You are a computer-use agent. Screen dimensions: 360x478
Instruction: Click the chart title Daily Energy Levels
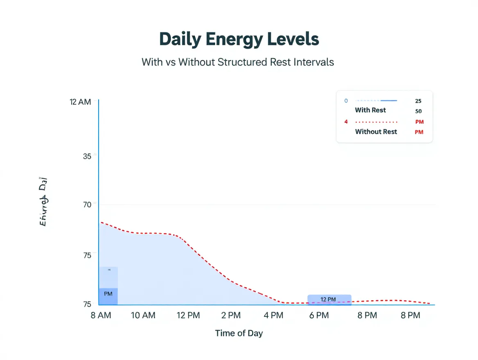pyautogui.click(x=239, y=39)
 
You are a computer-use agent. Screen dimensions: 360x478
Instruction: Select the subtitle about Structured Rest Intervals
pyautogui.click(x=238, y=62)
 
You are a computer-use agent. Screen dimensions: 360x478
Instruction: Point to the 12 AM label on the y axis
pyautogui.click(x=81, y=102)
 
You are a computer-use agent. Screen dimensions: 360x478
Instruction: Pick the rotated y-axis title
pyautogui.click(x=43, y=201)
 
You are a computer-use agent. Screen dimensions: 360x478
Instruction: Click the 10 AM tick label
pyautogui.click(x=143, y=315)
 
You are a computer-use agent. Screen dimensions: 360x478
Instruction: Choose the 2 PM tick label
pyautogui.click(x=231, y=315)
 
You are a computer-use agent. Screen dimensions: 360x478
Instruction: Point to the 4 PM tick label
pyautogui.click(x=273, y=315)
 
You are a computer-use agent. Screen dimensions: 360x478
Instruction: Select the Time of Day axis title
pyautogui.click(x=239, y=333)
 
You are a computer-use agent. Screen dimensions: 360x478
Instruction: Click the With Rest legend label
pyautogui.click(x=370, y=110)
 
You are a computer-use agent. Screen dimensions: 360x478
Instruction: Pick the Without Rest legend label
pyautogui.click(x=376, y=132)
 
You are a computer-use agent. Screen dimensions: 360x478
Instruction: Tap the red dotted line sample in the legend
pyautogui.click(x=377, y=122)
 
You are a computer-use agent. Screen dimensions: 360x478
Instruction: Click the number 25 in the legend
pyautogui.click(x=418, y=101)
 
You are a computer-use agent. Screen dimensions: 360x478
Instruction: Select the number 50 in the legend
pyautogui.click(x=418, y=111)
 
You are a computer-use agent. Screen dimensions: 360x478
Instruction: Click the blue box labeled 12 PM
pyautogui.click(x=329, y=299)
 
